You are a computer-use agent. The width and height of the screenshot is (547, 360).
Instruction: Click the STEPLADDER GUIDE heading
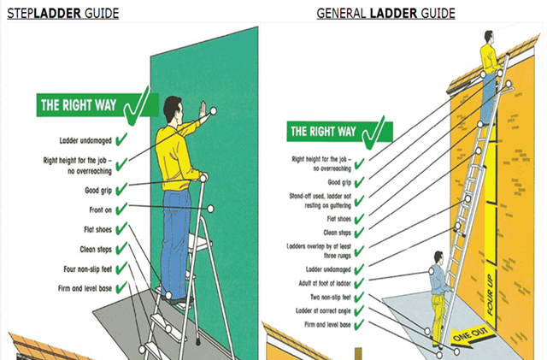pos(62,14)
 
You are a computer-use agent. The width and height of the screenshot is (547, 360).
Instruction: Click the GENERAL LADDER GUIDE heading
pos(385,14)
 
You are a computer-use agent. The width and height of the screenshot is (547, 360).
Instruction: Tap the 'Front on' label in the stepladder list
pos(101,210)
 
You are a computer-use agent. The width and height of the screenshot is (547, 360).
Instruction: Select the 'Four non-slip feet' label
pos(87,269)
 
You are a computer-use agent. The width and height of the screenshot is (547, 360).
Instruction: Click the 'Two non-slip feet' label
pos(331,297)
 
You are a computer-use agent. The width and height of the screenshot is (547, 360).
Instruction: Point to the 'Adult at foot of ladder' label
pos(325,283)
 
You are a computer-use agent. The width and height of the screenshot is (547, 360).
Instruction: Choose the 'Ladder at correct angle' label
pos(323,310)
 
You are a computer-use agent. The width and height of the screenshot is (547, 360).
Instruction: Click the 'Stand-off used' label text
pos(320,201)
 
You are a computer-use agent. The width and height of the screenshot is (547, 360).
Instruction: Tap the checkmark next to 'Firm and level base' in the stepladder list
pos(121,287)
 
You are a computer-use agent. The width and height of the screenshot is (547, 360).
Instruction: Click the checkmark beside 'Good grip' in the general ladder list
pos(359,182)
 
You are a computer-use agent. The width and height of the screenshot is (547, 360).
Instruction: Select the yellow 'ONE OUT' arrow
pos(473,335)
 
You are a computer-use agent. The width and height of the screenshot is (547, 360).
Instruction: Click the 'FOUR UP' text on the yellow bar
pos(490,295)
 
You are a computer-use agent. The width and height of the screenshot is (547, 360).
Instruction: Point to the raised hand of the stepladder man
pos(203,110)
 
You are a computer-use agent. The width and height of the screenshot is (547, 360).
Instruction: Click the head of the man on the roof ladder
pos(489,38)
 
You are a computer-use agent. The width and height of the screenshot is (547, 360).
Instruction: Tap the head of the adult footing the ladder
pos(438,258)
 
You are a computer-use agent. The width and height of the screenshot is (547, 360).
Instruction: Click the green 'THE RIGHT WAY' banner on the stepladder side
pos(97,105)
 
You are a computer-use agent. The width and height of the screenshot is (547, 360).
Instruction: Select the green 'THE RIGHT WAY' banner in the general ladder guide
pos(340,132)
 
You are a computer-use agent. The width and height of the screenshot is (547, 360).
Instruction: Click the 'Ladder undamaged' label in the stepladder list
pos(85,140)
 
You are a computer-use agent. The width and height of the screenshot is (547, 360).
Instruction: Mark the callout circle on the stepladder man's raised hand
pos(213,111)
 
